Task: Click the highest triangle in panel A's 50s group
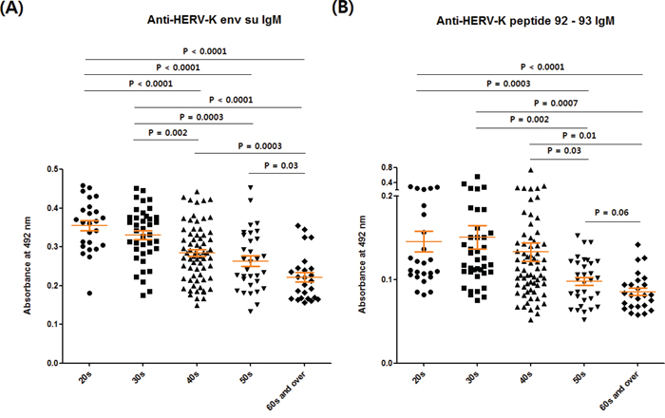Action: pyautogui.click(x=250, y=187)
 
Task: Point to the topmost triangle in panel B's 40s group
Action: pyautogui.click(x=530, y=171)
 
